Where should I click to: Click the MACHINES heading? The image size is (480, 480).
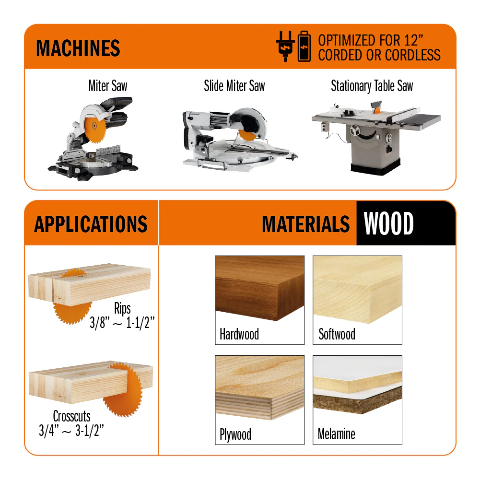[x=78, y=48]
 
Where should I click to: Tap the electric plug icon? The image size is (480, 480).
[x=285, y=46]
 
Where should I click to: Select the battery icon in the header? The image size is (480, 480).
[x=304, y=46]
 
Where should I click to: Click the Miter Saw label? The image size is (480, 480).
[x=108, y=86]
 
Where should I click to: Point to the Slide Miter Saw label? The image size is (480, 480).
[x=234, y=86]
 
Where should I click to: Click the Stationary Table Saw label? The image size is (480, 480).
[x=372, y=86]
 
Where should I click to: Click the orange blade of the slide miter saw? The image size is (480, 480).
[x=247, y=135]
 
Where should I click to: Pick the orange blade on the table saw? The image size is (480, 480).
[x=377, y=110]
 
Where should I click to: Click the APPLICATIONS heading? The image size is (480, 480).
[x=91, y=224]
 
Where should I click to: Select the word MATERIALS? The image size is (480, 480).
[x=306, y=224]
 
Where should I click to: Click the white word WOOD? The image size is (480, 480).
[x=389, y=223]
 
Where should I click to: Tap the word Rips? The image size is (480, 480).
[x=122, y=308]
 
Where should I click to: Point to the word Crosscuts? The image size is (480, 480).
[x=71, y=416]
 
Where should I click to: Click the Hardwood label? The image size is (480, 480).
[x=239, y=334]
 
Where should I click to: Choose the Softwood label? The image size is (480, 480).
[x=337, y=334]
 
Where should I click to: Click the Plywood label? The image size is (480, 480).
[x=235, y=434]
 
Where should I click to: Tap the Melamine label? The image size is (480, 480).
[x=337, y=434]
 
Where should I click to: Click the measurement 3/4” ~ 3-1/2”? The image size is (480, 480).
[x=71, y=431]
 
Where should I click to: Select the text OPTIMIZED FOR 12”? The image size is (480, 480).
[x=371, y=40]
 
